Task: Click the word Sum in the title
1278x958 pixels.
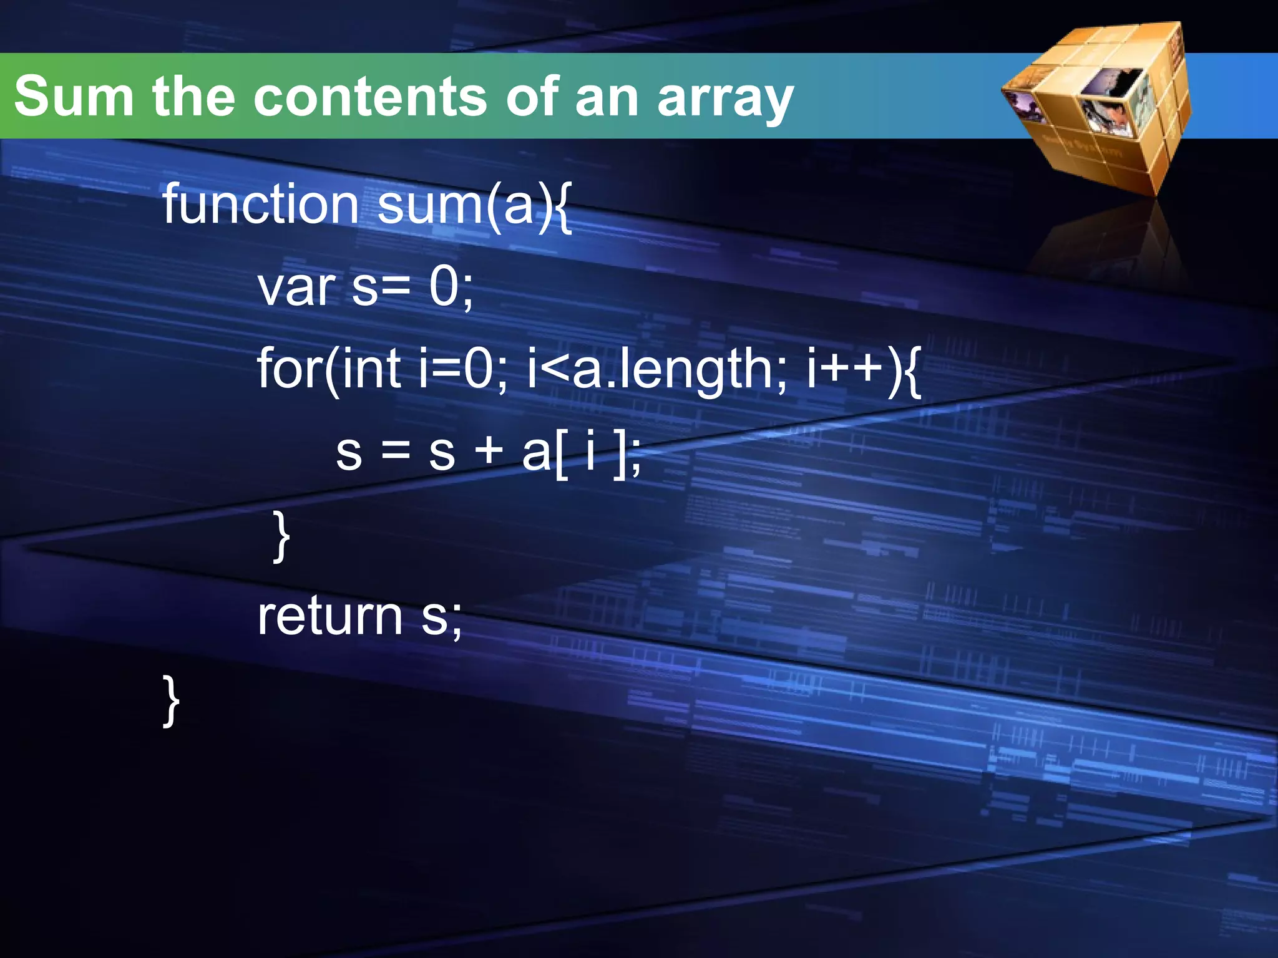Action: (74, 97)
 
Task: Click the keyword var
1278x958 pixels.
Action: (296, 288)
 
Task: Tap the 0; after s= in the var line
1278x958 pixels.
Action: (451, 288)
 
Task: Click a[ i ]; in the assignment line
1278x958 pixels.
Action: (581, 452)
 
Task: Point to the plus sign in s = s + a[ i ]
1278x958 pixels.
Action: (489, 451)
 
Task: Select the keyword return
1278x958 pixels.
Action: (329, 616)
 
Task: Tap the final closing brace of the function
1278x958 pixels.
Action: (171, 700)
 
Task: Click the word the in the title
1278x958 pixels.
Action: (193, 97)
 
